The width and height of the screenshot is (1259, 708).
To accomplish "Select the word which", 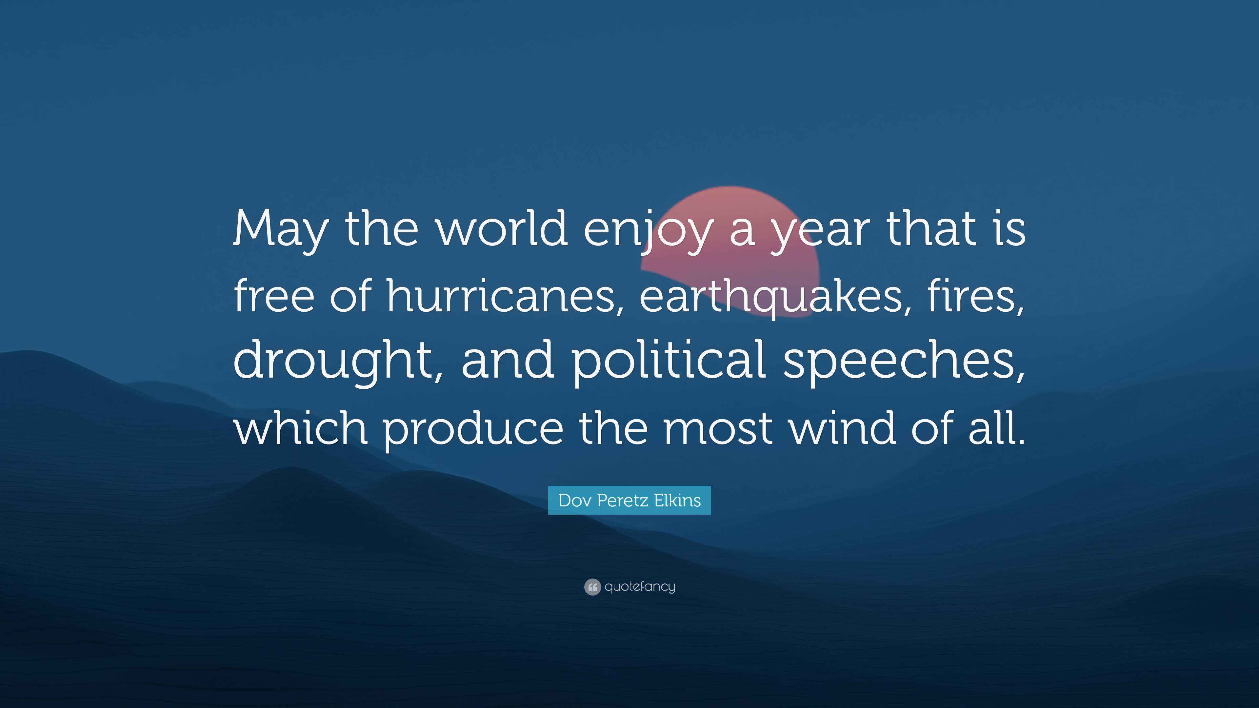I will coord(301,427).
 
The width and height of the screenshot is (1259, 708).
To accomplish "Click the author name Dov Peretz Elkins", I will coord(629,500).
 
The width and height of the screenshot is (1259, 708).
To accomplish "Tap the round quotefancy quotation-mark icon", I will coord(592,586).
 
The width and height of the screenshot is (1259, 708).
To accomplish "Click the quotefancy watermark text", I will coord(640,586).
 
